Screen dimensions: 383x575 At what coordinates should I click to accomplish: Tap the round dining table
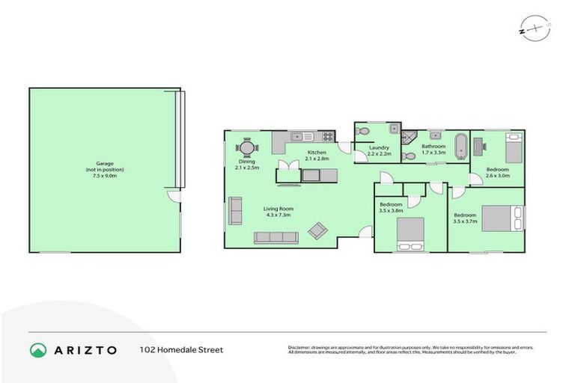[246, 147]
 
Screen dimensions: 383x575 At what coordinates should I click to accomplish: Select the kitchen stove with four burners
[327, 137]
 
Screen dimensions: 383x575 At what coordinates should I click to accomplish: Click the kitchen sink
[302, 137]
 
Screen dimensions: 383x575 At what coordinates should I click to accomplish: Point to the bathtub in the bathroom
[462, 145]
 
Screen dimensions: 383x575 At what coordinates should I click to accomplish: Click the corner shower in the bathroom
[408, 137]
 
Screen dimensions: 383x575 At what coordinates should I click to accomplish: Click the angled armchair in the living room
[317, 230]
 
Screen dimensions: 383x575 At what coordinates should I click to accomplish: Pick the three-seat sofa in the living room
[276, 238]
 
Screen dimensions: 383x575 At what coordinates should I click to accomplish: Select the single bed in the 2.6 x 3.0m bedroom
[513, 148]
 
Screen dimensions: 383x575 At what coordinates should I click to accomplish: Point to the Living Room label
[277, 212]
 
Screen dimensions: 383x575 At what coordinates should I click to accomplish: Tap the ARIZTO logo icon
[38, 349]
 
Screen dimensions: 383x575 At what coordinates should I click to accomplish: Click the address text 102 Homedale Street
[181, 349]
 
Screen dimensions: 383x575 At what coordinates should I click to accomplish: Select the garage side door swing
[174, 197]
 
